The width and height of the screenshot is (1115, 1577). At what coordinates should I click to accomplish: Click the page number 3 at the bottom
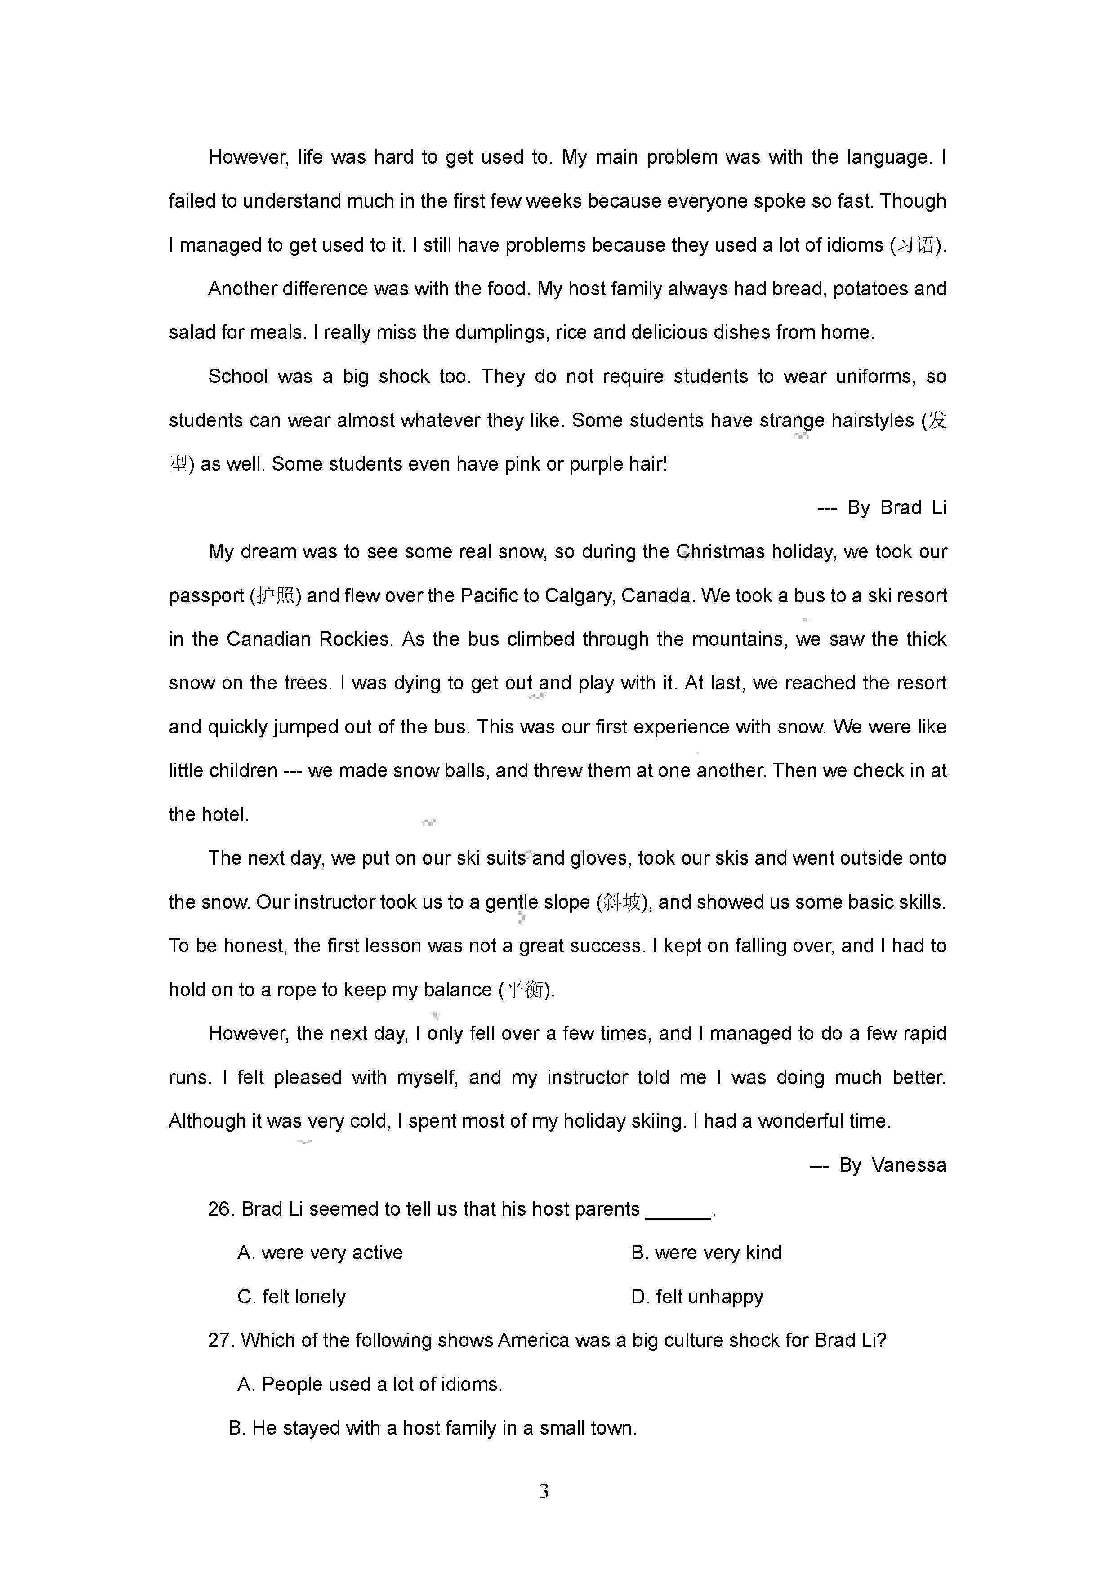pyautogui.click(x=544, y=1491)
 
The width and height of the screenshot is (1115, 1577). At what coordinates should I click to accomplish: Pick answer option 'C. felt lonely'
pyautogui.click(x=291, y=1297)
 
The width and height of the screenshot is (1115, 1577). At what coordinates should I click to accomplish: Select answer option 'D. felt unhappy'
pyautogui.click(x=697, y=1297)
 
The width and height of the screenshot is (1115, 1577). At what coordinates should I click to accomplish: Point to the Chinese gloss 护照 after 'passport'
pyautogui.click(x=275, y=595)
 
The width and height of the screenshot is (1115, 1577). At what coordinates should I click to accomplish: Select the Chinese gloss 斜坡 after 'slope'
pyautogui.click(x=621, y=902)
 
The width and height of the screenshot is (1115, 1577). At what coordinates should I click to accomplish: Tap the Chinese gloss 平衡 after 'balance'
pyautogui.click(x=525, y=990)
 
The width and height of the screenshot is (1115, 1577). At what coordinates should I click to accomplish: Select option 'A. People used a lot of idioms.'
pyautogui.click(x=370, y=1384)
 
